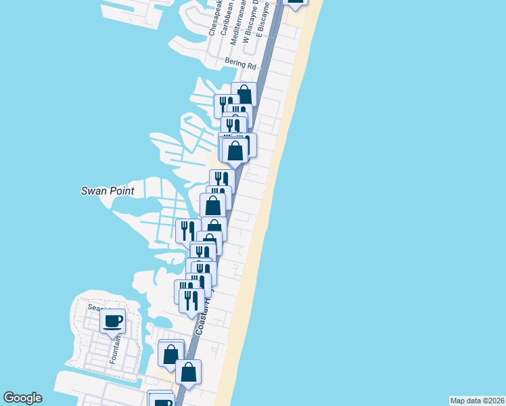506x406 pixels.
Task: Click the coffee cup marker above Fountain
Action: click(112, 320)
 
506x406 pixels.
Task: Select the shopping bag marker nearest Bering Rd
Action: click(244, 94)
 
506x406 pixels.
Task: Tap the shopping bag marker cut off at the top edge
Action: click(296, 2)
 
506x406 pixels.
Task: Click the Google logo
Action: click(22, 398)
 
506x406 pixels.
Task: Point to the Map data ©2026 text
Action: click(477, 401)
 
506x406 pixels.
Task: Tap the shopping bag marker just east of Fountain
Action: click(171, 352)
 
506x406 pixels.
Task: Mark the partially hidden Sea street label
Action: click(94, 307)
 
